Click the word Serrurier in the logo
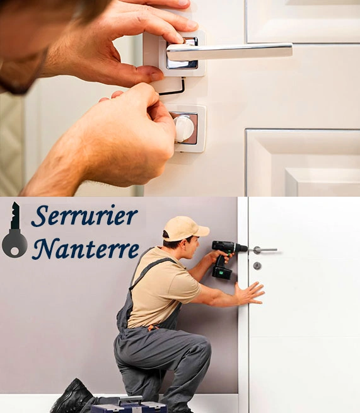pyautogui.click(x=84, y=216)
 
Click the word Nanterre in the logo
pyautogui.click(x=86, y=248)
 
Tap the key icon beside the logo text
pyautogui.click(x=15, y=230)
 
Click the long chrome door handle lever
pyautogui.click(x=229, y=50)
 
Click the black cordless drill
pyautogui.click(x=226, y=258)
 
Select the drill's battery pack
pyautogui.click(x=222, y=273)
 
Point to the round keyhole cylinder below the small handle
pyautogui.click(x=257, y=265)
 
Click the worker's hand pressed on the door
pyautogui.click(x=249, y=293)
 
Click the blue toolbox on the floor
pyautogui.click(x=129, y=405)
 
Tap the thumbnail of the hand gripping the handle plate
pyautogui.click(x=156, y=76)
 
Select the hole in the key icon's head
pyautogui.click(x=15, y=252)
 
